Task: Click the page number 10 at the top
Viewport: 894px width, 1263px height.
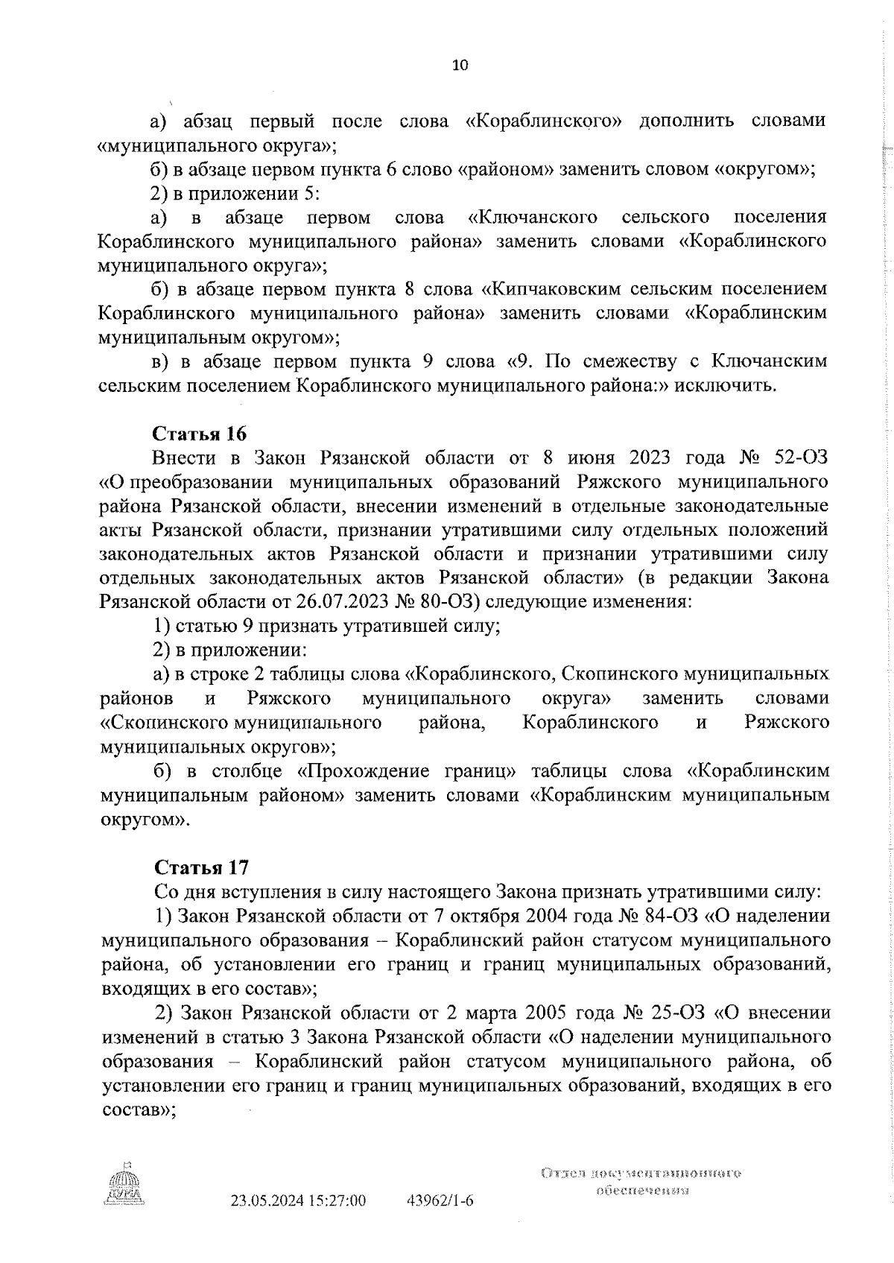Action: pos(460,66)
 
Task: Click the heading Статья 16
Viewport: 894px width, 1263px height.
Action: pos(200,434)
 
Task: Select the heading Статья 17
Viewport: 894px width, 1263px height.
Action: pos(201,867)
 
